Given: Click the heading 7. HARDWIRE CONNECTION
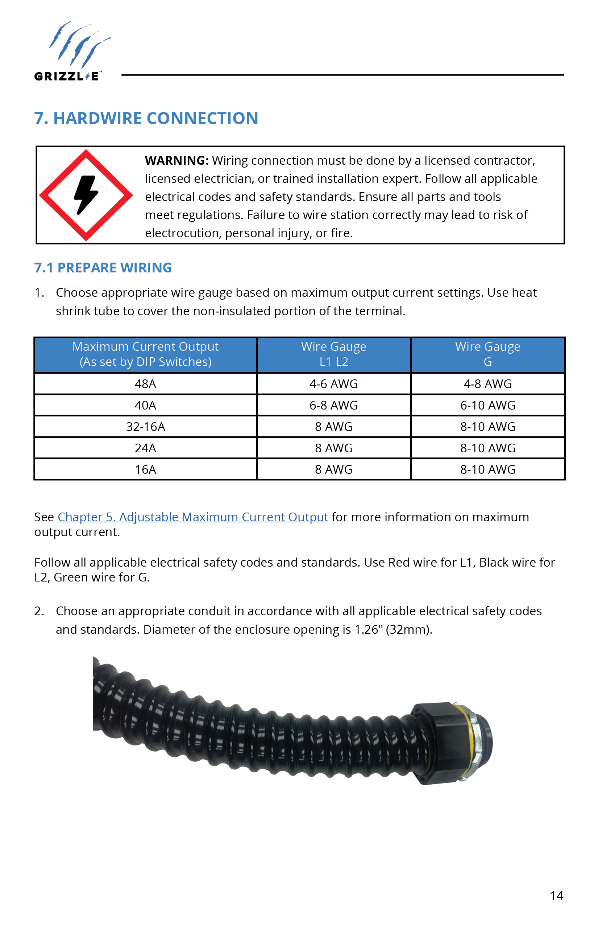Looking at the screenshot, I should pyautogui.click(x=146, y=118).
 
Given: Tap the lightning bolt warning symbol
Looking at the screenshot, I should pyautogui.click(x=86, y=195).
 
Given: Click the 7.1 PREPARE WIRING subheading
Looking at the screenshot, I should pyautogui.click(x=103, y=268).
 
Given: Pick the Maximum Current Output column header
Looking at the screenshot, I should pyautogui.click(x=145, y=354).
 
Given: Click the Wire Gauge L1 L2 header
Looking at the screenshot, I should pyautogui.click(x=333, y=354).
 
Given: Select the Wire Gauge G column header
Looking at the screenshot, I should pyautogui.click(x=487, y=354).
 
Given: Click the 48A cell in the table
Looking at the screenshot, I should pyautogui.click(x=145, y=384).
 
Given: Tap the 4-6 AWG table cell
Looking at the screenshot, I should pyautogui.click(x=333, y=384).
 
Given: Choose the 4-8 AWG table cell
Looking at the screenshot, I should pyautogui.click(x=487, y=384).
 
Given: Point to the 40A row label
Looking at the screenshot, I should pyautogui.click(x=145, y=406).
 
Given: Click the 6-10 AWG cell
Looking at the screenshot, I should pyautogui.click(x=487, y=406).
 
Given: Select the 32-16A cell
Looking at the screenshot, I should pyautogui.click(x=145, y=427).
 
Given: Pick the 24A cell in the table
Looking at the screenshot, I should pyautogui.click(x=145, y=448).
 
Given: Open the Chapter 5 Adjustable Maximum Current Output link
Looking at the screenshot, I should pyautogui.click(x=192, y=517).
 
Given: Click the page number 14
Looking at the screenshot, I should pyautogui.click(x=556, y=896).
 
